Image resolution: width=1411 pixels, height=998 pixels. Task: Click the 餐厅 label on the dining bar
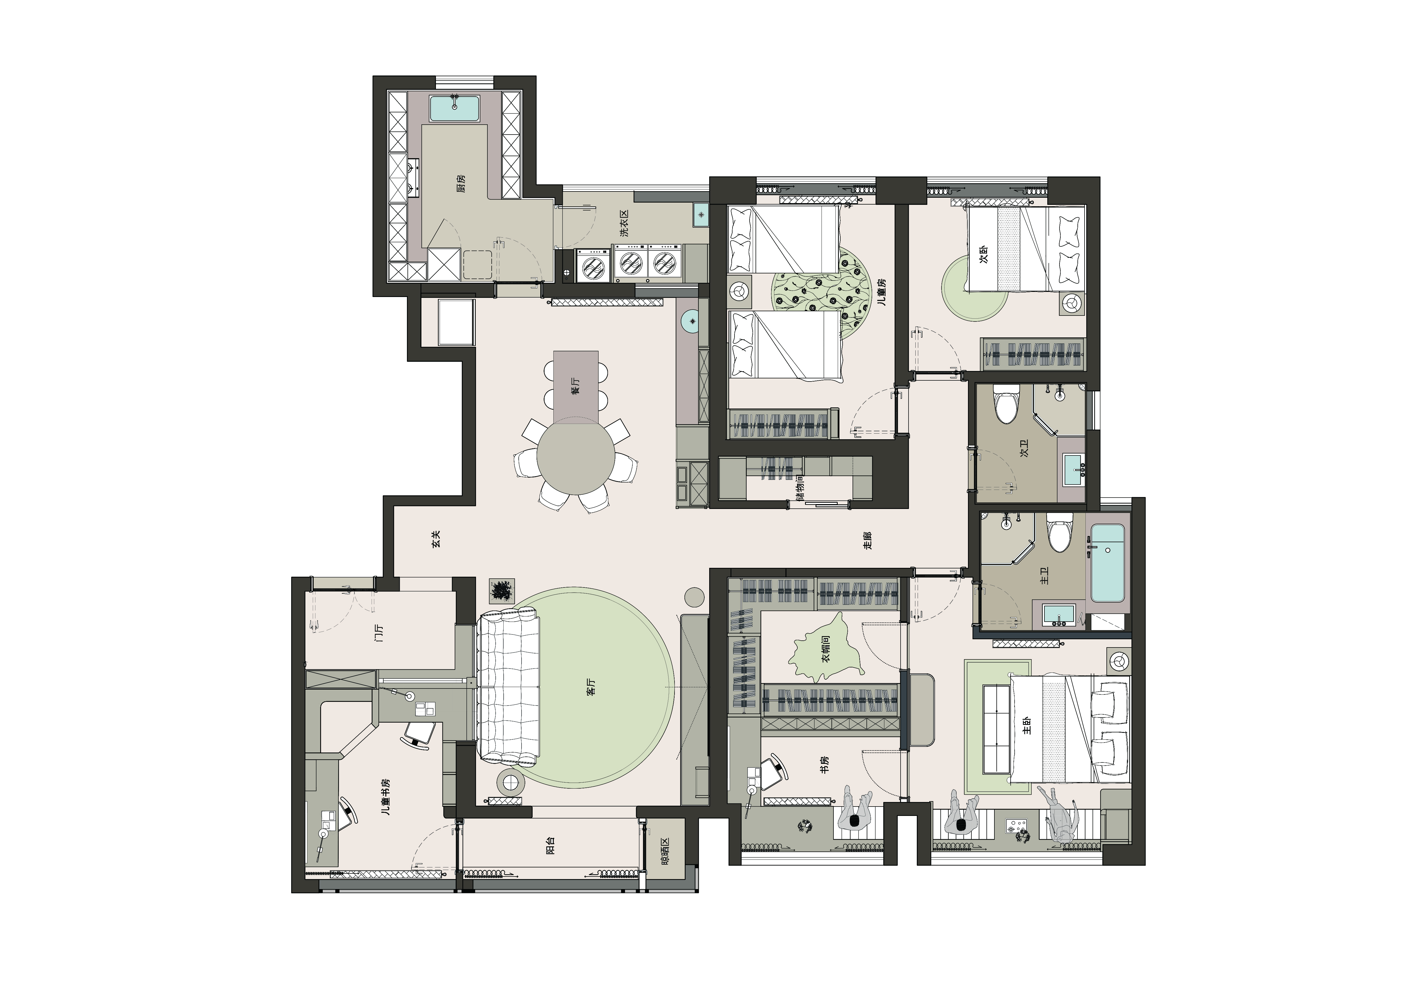(575, 385)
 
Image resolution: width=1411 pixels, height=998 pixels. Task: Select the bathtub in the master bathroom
(1107, 563)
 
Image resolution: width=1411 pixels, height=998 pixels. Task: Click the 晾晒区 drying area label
(664, 852)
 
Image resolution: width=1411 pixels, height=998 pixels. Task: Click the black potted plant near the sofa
(502, 590)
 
